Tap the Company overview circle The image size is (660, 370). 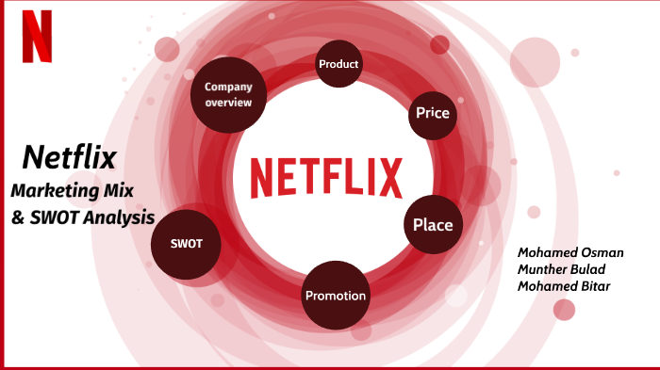(228, 94)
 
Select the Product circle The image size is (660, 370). (338, 64)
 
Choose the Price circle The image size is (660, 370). (432, 114)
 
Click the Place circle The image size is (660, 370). (433, 225)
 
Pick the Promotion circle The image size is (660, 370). (335, 296)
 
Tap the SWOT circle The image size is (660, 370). (181, 244)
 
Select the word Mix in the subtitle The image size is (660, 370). (121, 190)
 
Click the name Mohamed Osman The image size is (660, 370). (564, 253)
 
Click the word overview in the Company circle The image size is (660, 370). (228, 103)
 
